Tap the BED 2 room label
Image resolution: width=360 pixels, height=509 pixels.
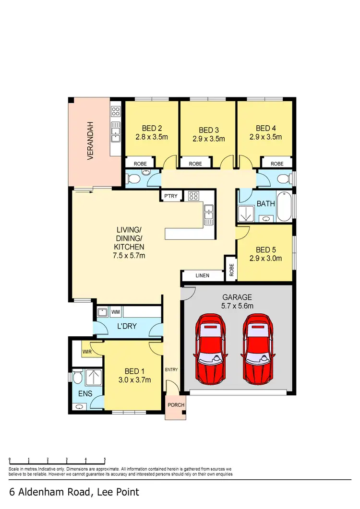pyautogui.click(x=152, y=128)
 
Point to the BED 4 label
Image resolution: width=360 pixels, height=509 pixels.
pyautogui.click(x=265, y=128)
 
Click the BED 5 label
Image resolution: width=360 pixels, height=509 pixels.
pyautogui.click(x=265, y=249)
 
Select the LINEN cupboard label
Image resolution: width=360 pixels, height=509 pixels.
pyautogui.click(x=202, y=276)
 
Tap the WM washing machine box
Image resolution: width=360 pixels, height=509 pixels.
pyautogui.click(x=116, y=312)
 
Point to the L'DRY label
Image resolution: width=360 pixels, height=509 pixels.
pyautogui.click(x=127, y=326)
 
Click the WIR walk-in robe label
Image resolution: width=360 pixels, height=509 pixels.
pyautogui.click(x=87, y=352)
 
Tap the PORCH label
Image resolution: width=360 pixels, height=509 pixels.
pyautogui.click(x=176, y=405)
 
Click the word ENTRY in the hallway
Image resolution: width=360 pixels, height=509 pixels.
pyautogui.click(x=171, y=369)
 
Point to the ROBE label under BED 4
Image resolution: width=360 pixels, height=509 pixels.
pyautogui.click(x=277, y=164)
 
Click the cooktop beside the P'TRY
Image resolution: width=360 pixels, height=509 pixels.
pyautogui.click(x=194, y=196)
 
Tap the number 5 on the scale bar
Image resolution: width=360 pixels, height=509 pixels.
pyautogui.click(x=105, y=459)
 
